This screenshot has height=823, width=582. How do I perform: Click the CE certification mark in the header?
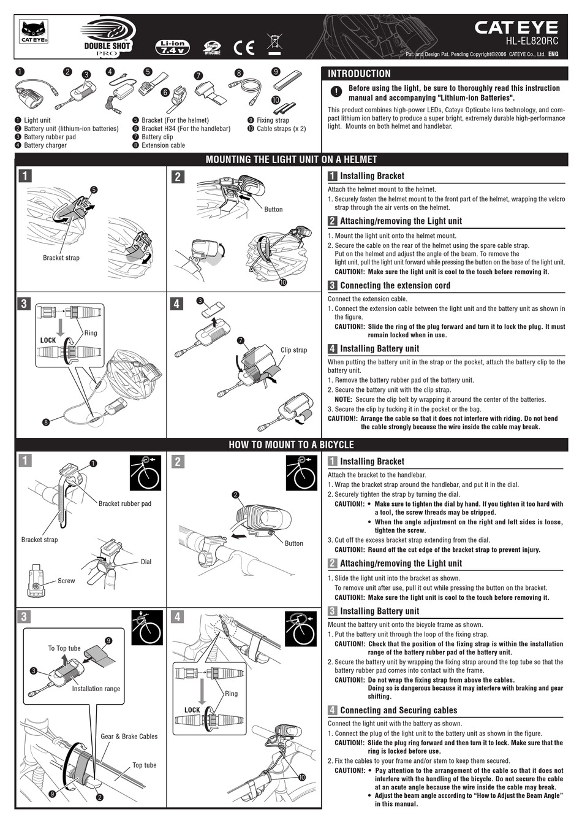[x=244, y=47]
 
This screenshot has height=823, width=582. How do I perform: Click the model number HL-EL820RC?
[x=532, y=42]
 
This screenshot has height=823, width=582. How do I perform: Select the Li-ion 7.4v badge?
[x=173, y=47]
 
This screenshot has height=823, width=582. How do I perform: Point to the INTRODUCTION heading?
[x=359, y=74]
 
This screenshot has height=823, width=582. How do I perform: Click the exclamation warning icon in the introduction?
[x=336, y=92]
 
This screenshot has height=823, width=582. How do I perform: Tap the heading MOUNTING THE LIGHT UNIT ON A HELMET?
[x=291, y=159]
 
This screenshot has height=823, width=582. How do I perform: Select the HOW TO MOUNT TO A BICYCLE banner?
[x=291, y=445]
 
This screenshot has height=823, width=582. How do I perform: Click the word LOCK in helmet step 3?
[x=48, y=340]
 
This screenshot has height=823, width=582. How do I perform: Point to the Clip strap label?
[x=293, y=350]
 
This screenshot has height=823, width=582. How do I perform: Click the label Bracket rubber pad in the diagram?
[x=124, y=503]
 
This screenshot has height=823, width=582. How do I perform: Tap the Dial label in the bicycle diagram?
[x=146, y=562]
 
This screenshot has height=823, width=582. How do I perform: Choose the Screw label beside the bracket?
[x=66, y=581]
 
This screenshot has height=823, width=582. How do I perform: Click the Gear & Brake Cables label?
[x=129, y=737]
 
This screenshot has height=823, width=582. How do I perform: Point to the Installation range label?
[x=96, y=689]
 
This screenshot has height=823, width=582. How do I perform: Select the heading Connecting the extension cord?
[x=395, y=286]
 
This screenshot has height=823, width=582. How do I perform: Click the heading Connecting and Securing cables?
[x=398, y=711]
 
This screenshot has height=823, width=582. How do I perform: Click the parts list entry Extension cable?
[x=163, y=145]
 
